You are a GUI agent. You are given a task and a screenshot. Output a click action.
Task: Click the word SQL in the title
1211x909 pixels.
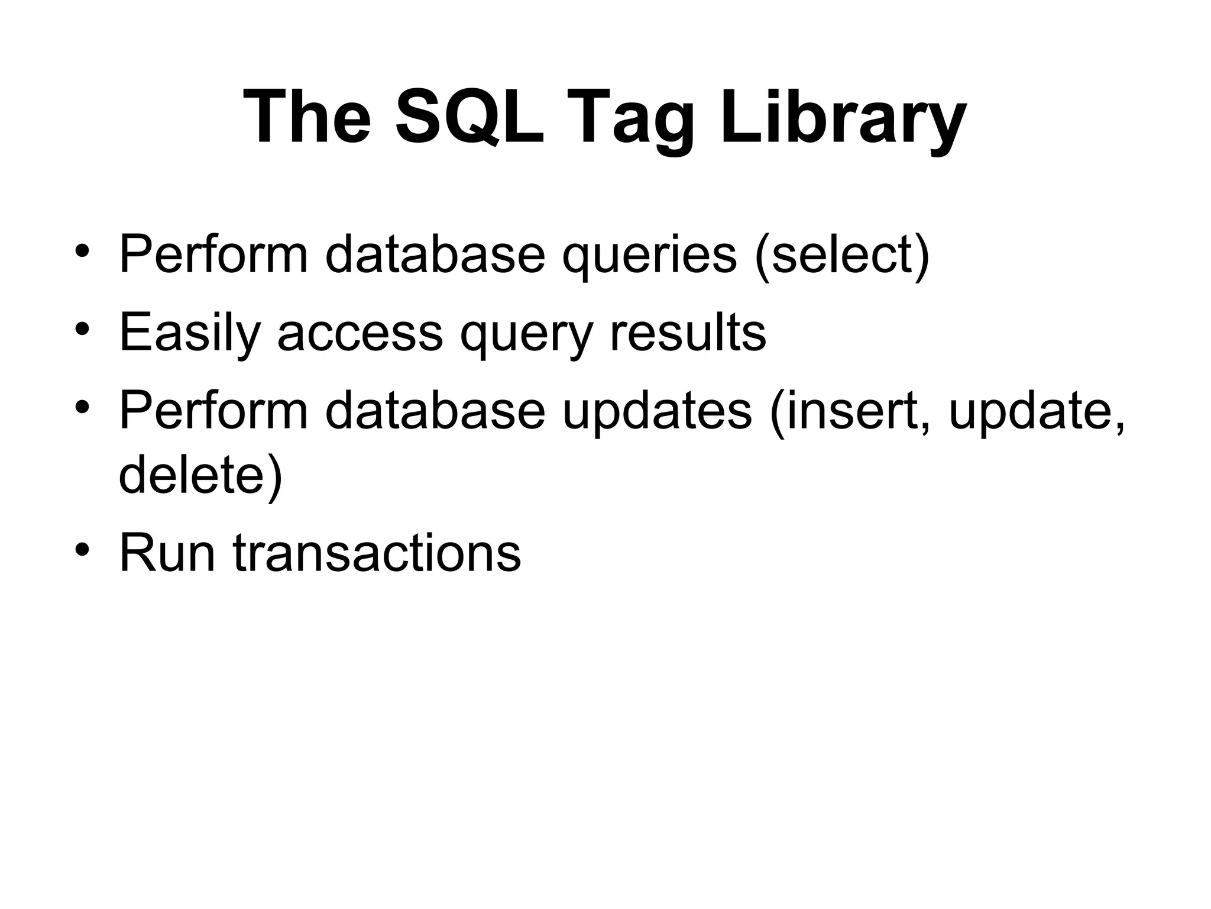(469, 117)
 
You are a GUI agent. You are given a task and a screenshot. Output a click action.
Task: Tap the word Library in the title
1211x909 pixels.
(843, 117)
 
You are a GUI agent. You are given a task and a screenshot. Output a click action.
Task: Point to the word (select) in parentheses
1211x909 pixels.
(842, 254)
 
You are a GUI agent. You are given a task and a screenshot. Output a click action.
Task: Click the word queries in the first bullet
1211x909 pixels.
(649, 254)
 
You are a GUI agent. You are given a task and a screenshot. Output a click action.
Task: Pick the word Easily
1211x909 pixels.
(190, 333)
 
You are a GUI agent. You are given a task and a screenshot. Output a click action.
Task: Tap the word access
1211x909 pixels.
(360, 333)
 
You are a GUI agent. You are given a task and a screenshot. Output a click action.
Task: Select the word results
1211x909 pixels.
(688, 333)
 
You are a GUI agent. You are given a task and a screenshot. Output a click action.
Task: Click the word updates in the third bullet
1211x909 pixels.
(657, 411)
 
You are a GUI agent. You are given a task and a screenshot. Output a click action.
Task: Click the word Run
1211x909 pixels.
(167, 553)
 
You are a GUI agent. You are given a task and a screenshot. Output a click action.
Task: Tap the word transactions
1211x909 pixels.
(377, 553)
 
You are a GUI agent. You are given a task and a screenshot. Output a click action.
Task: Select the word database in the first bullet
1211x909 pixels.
(435, 254)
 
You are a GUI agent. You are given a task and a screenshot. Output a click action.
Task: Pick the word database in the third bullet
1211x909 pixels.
(435, 411)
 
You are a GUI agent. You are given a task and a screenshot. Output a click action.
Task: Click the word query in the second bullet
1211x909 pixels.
(526, 333)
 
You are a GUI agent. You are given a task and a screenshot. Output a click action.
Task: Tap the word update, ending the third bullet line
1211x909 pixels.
(1037, 411)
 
